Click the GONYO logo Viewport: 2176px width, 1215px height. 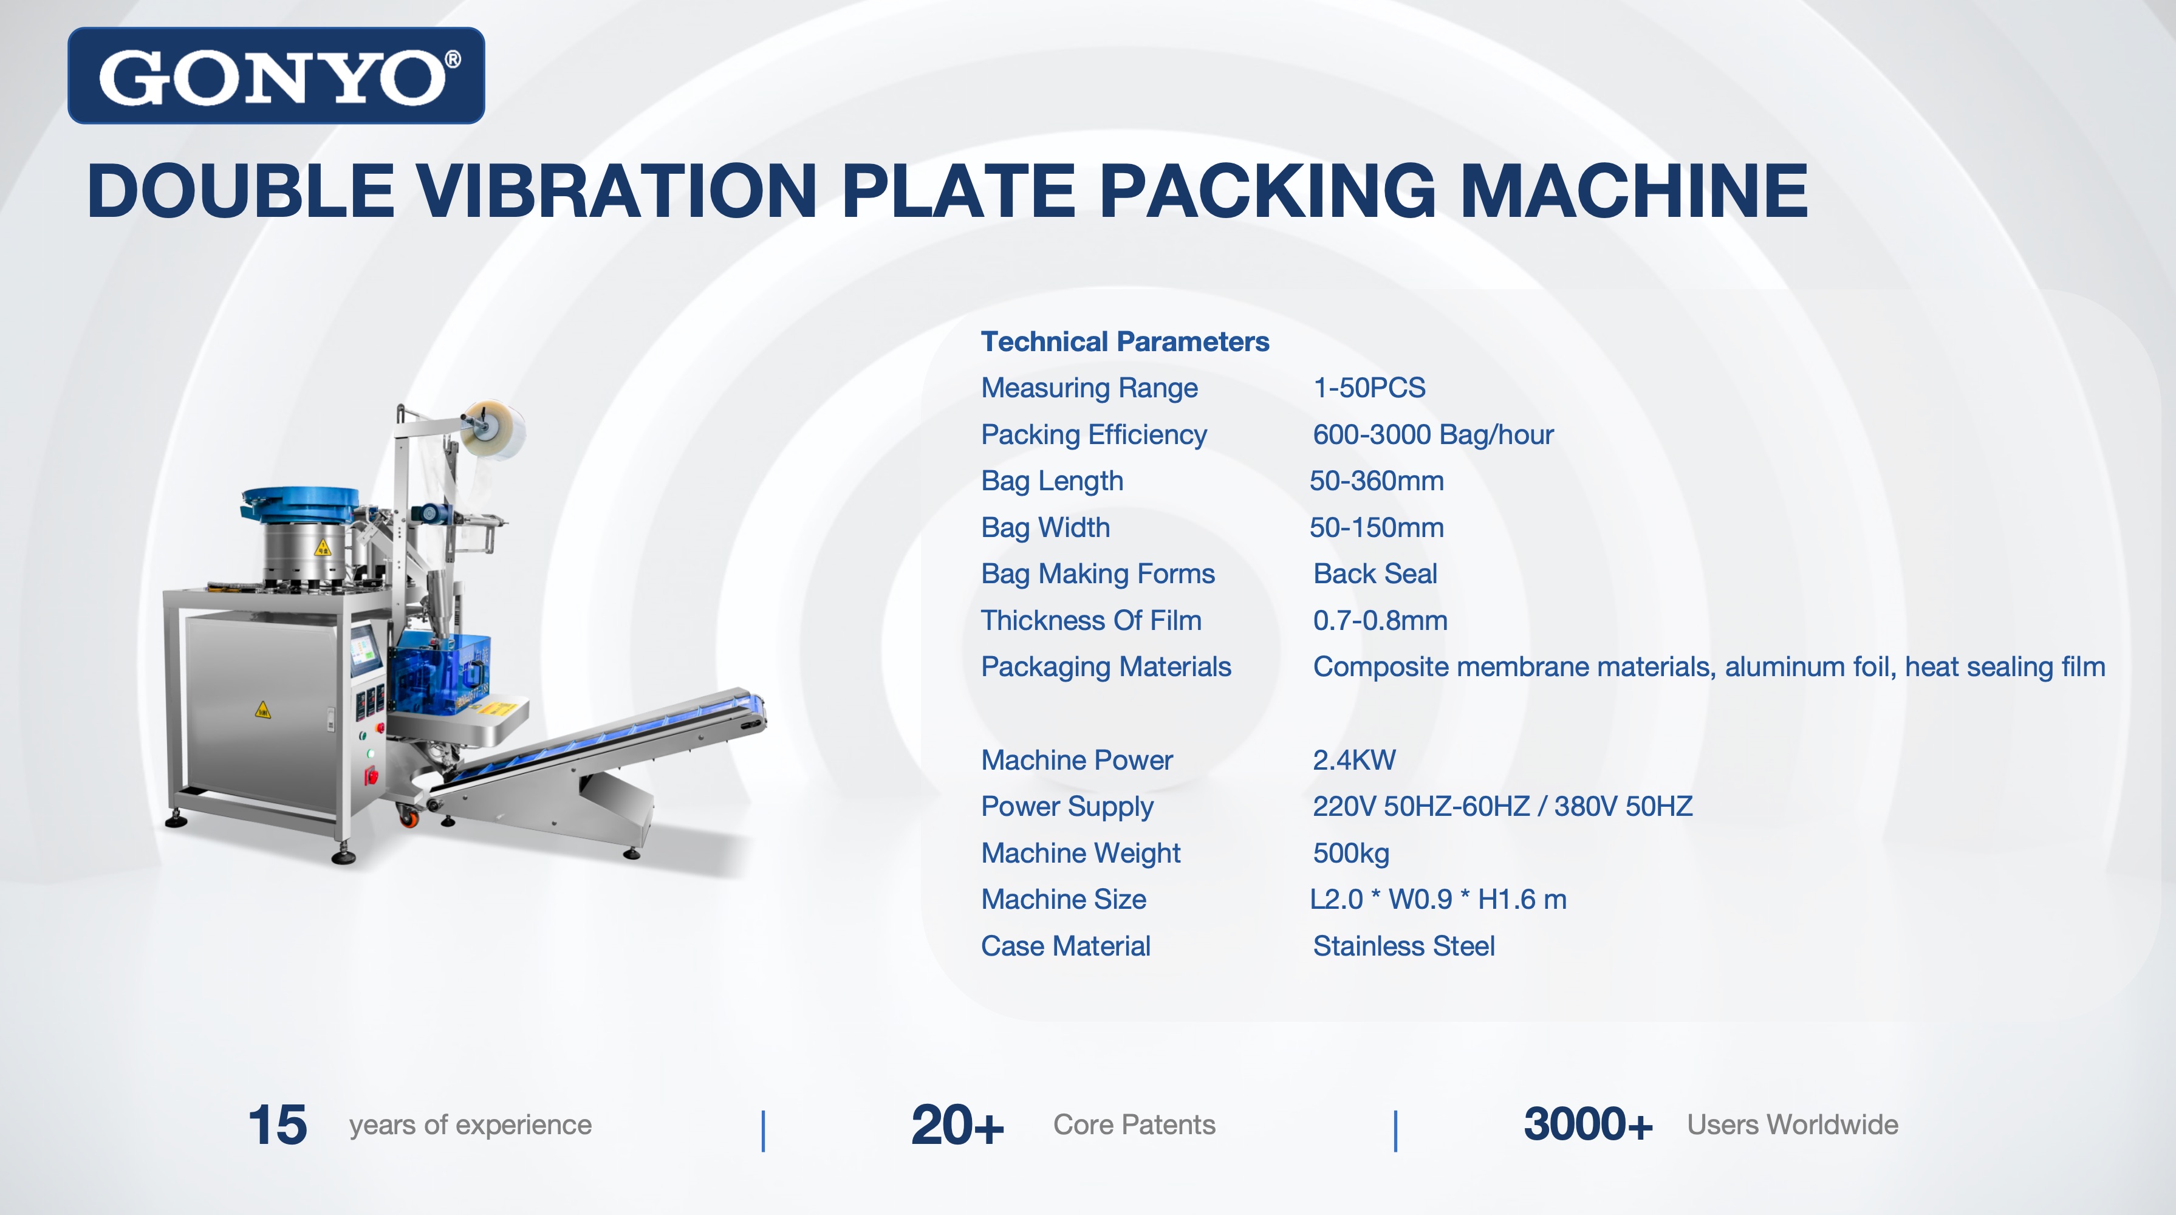coord(276,75)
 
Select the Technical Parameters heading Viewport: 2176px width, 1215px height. coord(1124,341)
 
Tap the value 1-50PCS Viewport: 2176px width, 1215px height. coord(1369,388)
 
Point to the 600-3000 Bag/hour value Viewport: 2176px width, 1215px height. coord(1432,434)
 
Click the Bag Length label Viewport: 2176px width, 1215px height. coord(1052,481)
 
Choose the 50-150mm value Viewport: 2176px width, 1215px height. coord(1376,527)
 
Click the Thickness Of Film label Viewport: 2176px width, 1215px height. coord(1090,620)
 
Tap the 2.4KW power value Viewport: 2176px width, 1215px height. coord(1353,759)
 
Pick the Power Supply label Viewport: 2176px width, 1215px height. coord(1067,807)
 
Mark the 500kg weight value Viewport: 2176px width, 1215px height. coord(1350,854)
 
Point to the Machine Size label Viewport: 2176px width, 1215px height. coord(1064,899)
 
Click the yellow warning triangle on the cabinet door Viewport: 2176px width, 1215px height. coord(262,709)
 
